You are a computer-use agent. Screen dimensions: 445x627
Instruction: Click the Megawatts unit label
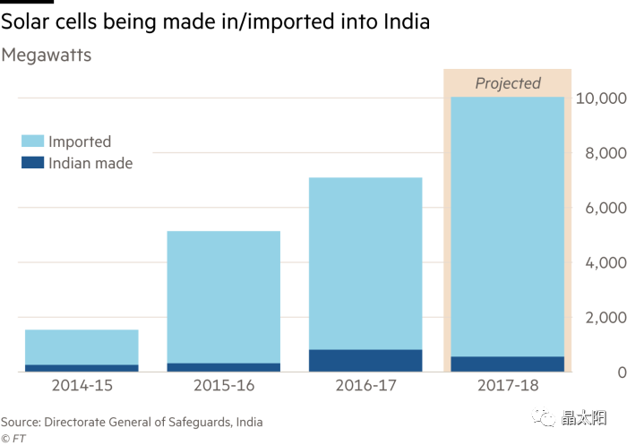[x=46, y=56]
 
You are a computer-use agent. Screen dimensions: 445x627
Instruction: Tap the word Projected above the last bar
[x=508, y=83]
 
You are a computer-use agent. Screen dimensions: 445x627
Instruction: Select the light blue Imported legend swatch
[x=32, y=141]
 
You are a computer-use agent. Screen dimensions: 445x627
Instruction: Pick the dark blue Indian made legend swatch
[x=32, y=163]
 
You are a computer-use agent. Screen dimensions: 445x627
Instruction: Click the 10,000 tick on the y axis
[x=599, y=98]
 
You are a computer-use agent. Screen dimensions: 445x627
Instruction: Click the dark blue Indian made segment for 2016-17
[x=365, y=360]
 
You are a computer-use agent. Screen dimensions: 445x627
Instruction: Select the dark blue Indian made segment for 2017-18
[x=508, y=364]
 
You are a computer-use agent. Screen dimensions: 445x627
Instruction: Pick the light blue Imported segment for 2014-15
[x=82, y=347]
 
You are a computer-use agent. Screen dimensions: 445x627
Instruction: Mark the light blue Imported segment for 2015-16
[x=224, y=296]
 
